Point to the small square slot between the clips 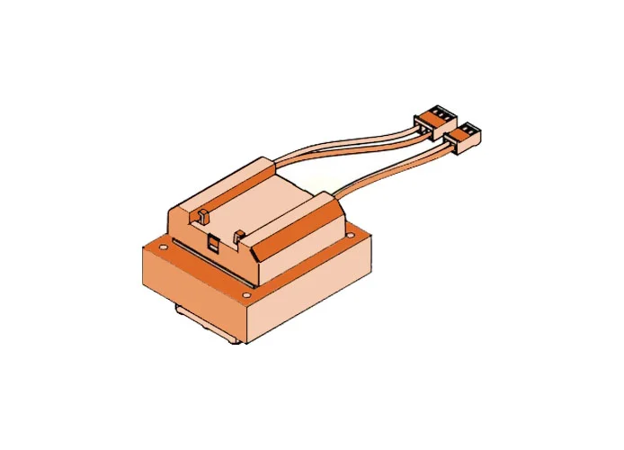[213, 240]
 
